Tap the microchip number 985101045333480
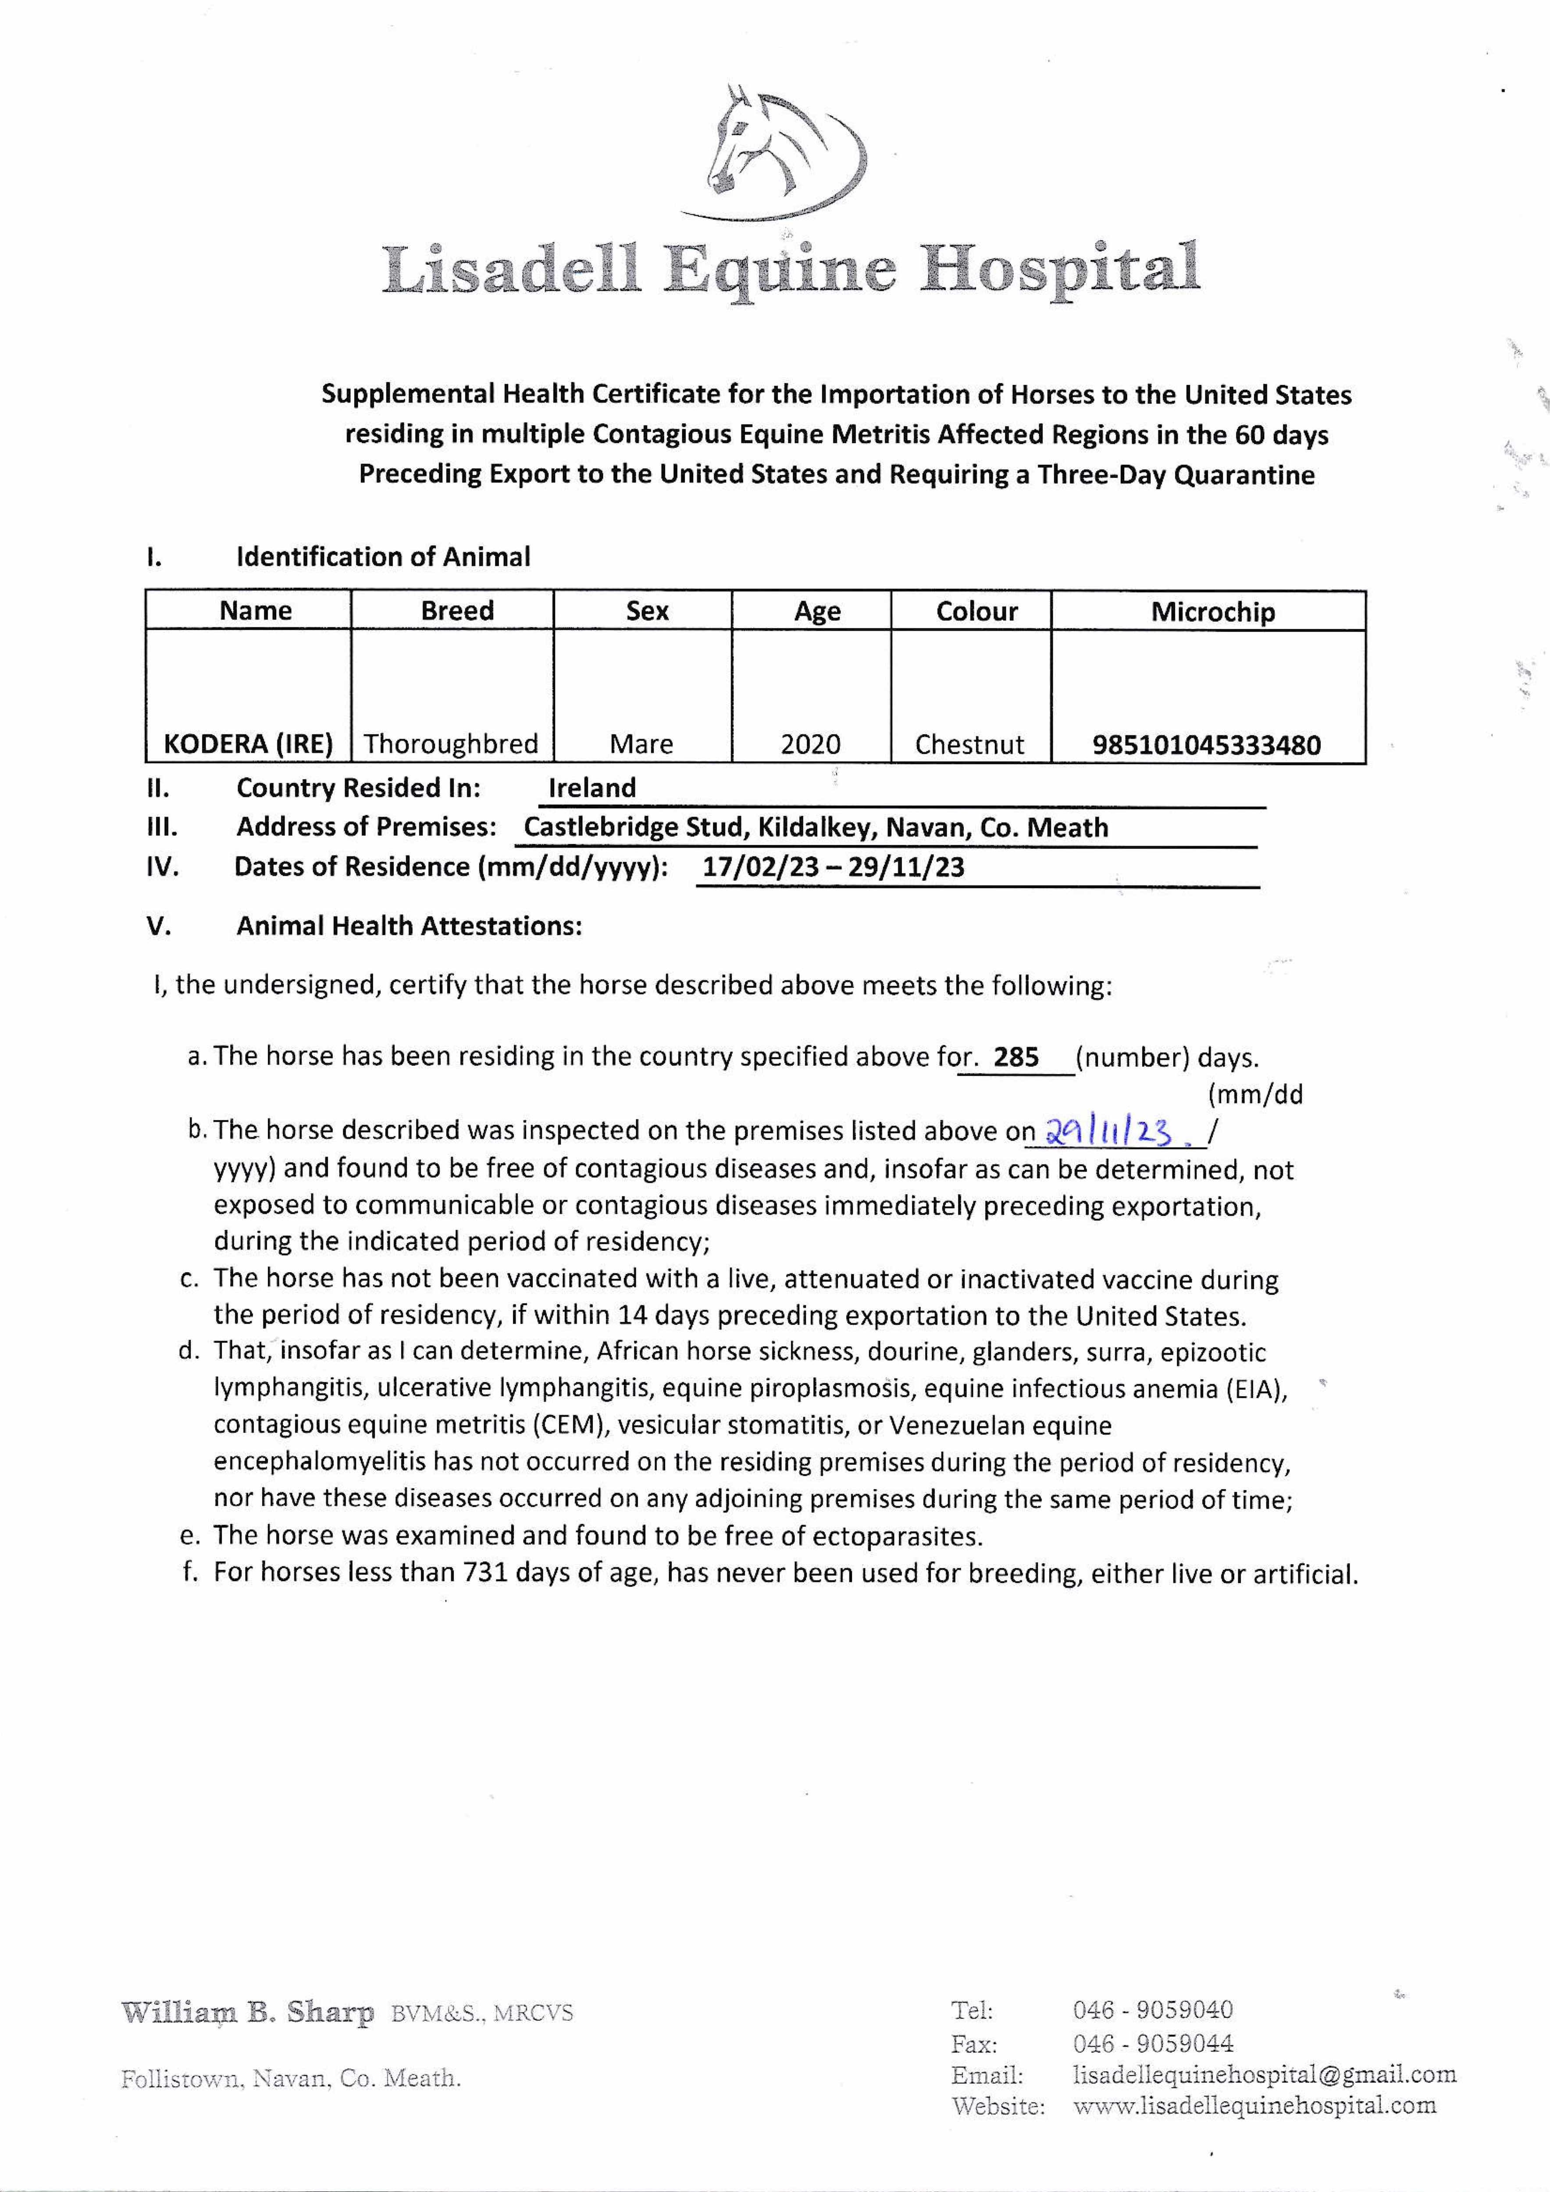coord(1206,745)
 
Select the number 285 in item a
coord(1016,1058)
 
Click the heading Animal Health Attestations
coord(409,926)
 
